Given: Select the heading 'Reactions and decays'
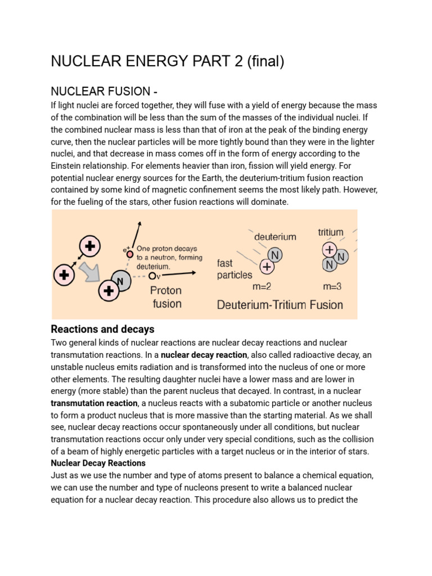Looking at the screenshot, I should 102,329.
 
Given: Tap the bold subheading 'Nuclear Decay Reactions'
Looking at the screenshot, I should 98,463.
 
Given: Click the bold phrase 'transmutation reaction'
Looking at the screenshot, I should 94,403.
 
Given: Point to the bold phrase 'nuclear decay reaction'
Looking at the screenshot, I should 204,355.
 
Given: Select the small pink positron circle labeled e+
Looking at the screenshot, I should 130,254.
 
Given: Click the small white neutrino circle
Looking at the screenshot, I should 152,276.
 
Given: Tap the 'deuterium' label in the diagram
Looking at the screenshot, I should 275,237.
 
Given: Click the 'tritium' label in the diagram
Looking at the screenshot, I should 331,232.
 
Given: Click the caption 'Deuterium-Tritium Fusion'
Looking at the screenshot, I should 280,305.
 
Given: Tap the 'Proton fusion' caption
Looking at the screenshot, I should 167,297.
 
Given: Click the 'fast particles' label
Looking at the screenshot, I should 235,269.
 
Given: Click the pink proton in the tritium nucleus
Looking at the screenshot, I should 328,249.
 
